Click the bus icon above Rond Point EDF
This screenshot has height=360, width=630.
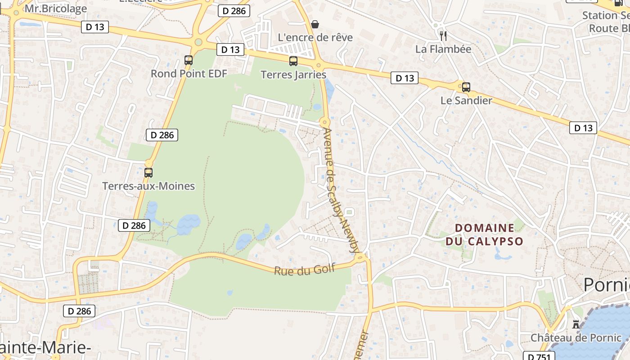tap(189, 60)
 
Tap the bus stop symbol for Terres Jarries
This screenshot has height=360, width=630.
tap(293, 61)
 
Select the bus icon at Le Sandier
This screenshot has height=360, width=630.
tap(466, 87)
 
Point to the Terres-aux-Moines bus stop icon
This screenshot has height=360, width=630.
tap(148, 172)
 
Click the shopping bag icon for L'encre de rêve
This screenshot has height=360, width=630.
tap(315, 24)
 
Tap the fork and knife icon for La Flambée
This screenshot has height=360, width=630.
tap(443, 36)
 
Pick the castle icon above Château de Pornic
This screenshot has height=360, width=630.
tap(576, 324)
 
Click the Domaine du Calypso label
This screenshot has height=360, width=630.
tap(484, 234)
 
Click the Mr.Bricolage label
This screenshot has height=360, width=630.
tap(56, 9)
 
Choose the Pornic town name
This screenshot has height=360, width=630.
tap(607, 285)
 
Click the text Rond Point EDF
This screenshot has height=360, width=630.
tap(189, 73)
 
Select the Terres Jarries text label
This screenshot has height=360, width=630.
tap(293, 75)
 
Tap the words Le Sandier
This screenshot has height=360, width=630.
tap(466, 100)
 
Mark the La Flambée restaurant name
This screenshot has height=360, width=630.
tap(443, 49)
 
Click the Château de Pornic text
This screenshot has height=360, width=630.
tap(576, 337)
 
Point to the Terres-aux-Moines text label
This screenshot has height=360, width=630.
tap(148, 186)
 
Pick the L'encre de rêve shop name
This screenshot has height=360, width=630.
tap(315, 37)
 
